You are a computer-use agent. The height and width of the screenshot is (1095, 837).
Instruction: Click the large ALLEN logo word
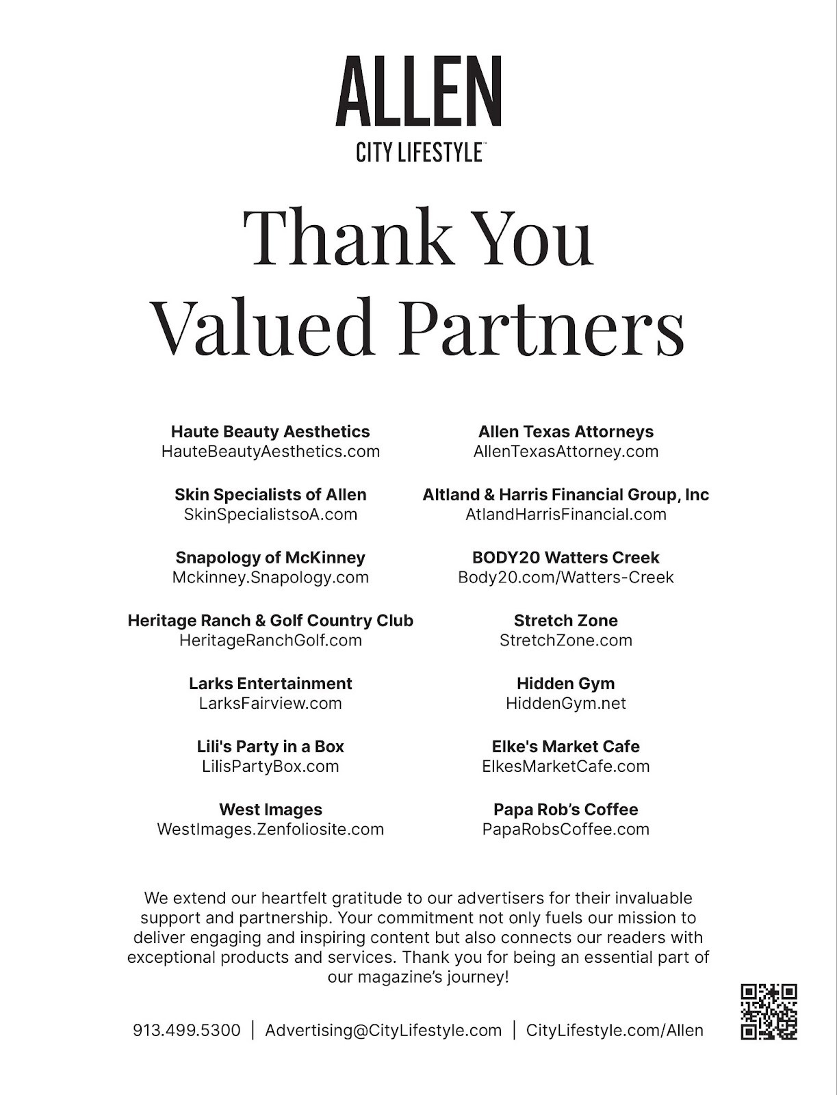[419, 93]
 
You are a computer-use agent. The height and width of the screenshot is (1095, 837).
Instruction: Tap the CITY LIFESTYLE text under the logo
[419, 152]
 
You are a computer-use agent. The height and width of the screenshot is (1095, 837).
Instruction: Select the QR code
[769, 1012]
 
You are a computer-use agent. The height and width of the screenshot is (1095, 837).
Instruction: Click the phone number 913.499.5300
[187, 1030]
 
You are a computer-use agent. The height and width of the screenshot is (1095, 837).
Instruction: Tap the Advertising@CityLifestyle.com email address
[383, 1030]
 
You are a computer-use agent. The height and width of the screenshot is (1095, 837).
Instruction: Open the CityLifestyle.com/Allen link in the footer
[615, 1030]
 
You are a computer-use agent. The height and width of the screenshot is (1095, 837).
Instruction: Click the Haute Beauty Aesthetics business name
[270, 432]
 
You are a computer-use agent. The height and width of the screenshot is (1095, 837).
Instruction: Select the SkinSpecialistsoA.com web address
[270, 515]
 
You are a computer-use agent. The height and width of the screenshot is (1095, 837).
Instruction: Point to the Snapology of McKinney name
[270, 558]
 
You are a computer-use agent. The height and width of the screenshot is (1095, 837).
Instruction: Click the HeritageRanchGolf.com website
[270, 641]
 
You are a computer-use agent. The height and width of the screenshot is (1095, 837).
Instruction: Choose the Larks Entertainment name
[270, 684]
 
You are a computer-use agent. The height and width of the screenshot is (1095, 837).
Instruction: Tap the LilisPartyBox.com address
[270, 766]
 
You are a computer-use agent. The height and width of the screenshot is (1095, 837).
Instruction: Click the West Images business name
[270, 810]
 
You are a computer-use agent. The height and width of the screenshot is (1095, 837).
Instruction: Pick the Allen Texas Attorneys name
[566, 432]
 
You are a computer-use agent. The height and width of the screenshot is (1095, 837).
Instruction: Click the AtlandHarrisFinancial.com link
[566, 515]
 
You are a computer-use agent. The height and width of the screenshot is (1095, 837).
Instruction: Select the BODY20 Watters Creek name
[566, 558]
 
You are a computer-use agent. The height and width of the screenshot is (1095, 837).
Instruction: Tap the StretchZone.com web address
[566, 641]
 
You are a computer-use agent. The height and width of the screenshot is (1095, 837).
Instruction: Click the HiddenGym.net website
[566, 704]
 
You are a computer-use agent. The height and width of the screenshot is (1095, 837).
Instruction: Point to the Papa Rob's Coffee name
[566, 810]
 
